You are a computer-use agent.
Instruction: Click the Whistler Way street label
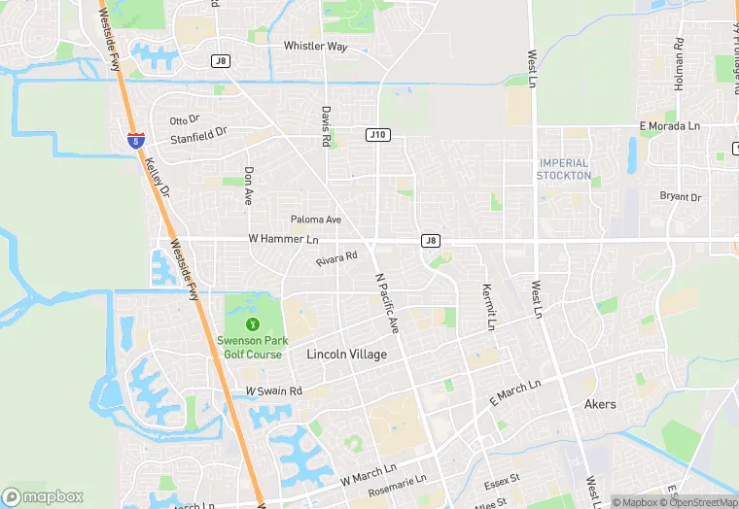pyautogui.click(x=315, y=47)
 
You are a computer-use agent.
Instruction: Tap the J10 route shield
pyautogui.click(x=378, y=134)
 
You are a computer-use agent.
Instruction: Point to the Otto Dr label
pyautogui.click(x=184, y=120)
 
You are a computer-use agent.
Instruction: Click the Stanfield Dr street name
pyautogui.click(x=198, y=138)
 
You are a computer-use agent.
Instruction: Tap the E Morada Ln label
pyautogui.click(x=669, y=126)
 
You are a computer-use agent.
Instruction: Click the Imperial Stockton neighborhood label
pyautogui.click(x=564, y=169)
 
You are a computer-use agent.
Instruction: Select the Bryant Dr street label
pyautogui.click(x=681, y=197)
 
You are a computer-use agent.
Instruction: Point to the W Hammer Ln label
pyautogui.click(x=283, y=239)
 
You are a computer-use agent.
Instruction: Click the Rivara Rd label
pyautogui.click(x=336, y=258)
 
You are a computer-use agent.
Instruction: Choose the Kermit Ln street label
pyautogui.click(x=489, y=306)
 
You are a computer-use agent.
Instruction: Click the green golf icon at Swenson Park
pyautogui.click(x=253, y=323)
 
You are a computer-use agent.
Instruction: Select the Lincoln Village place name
pyautogui.click(x=346, y=355)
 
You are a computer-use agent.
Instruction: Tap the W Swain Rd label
pyautogui.click(x=274, y=390)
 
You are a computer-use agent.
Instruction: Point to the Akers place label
pyautogui.click(x=600, y=404)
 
